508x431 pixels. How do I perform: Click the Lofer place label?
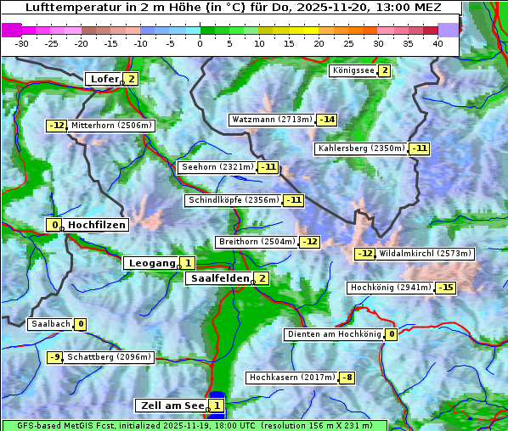click(104, 79)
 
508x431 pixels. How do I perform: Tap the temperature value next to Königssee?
click(384, 70)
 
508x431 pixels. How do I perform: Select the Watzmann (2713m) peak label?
click(272, 120)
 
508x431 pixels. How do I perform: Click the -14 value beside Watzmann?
click(327, 120)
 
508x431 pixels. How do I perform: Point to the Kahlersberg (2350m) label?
click(361, 148)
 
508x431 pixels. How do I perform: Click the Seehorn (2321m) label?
click(217, 167)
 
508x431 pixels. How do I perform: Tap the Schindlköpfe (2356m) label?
click(233, 200)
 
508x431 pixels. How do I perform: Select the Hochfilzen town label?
click(97, 225)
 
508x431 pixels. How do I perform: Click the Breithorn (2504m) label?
click(256, 242)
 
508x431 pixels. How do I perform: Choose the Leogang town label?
click(152, 263)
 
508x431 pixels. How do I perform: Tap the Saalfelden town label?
click(219, 278)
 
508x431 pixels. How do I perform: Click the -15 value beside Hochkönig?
click(445, 288)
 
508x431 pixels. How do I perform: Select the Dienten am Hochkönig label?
click(334, 334)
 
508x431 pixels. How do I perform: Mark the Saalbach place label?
click(50, 324)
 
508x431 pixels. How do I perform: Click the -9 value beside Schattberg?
click(55, 357)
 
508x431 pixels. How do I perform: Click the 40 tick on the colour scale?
click(437, 42)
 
